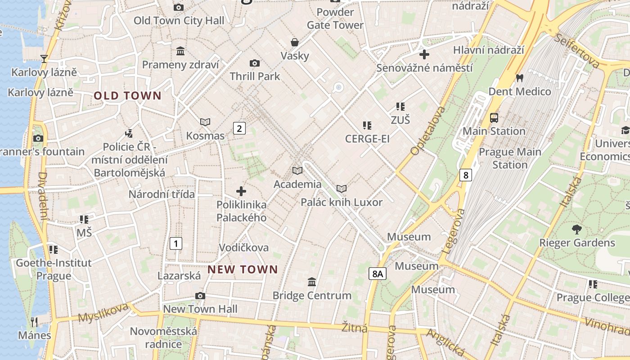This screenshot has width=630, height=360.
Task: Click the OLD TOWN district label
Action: [127, 95]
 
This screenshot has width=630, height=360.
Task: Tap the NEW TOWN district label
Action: [243, 270]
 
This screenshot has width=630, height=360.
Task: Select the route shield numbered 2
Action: [239, 129]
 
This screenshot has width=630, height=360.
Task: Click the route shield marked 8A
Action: [378, 273]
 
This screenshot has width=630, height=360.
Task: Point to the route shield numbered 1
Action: [176, 244]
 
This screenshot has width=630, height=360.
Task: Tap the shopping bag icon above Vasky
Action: [295, 42]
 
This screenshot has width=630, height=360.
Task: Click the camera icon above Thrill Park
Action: [255, 63]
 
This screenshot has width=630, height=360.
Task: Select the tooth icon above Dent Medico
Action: [520, 78]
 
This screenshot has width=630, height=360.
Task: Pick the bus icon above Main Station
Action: [494, 118]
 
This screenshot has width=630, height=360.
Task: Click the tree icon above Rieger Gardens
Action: [577, 229]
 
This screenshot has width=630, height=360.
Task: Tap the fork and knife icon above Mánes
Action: [35, 322]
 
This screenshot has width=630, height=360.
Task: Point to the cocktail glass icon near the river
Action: [44, 58]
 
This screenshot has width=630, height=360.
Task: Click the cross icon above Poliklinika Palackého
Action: [241, 191]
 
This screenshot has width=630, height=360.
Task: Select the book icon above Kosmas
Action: [205, 122]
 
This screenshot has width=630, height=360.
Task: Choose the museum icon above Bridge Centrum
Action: [311, 282]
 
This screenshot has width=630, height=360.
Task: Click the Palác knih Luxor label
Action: [342, 202]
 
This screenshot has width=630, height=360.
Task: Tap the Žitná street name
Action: [355, 328]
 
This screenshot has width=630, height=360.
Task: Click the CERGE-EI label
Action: [367, 139]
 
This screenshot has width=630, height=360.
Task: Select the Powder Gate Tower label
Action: [335, 18]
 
